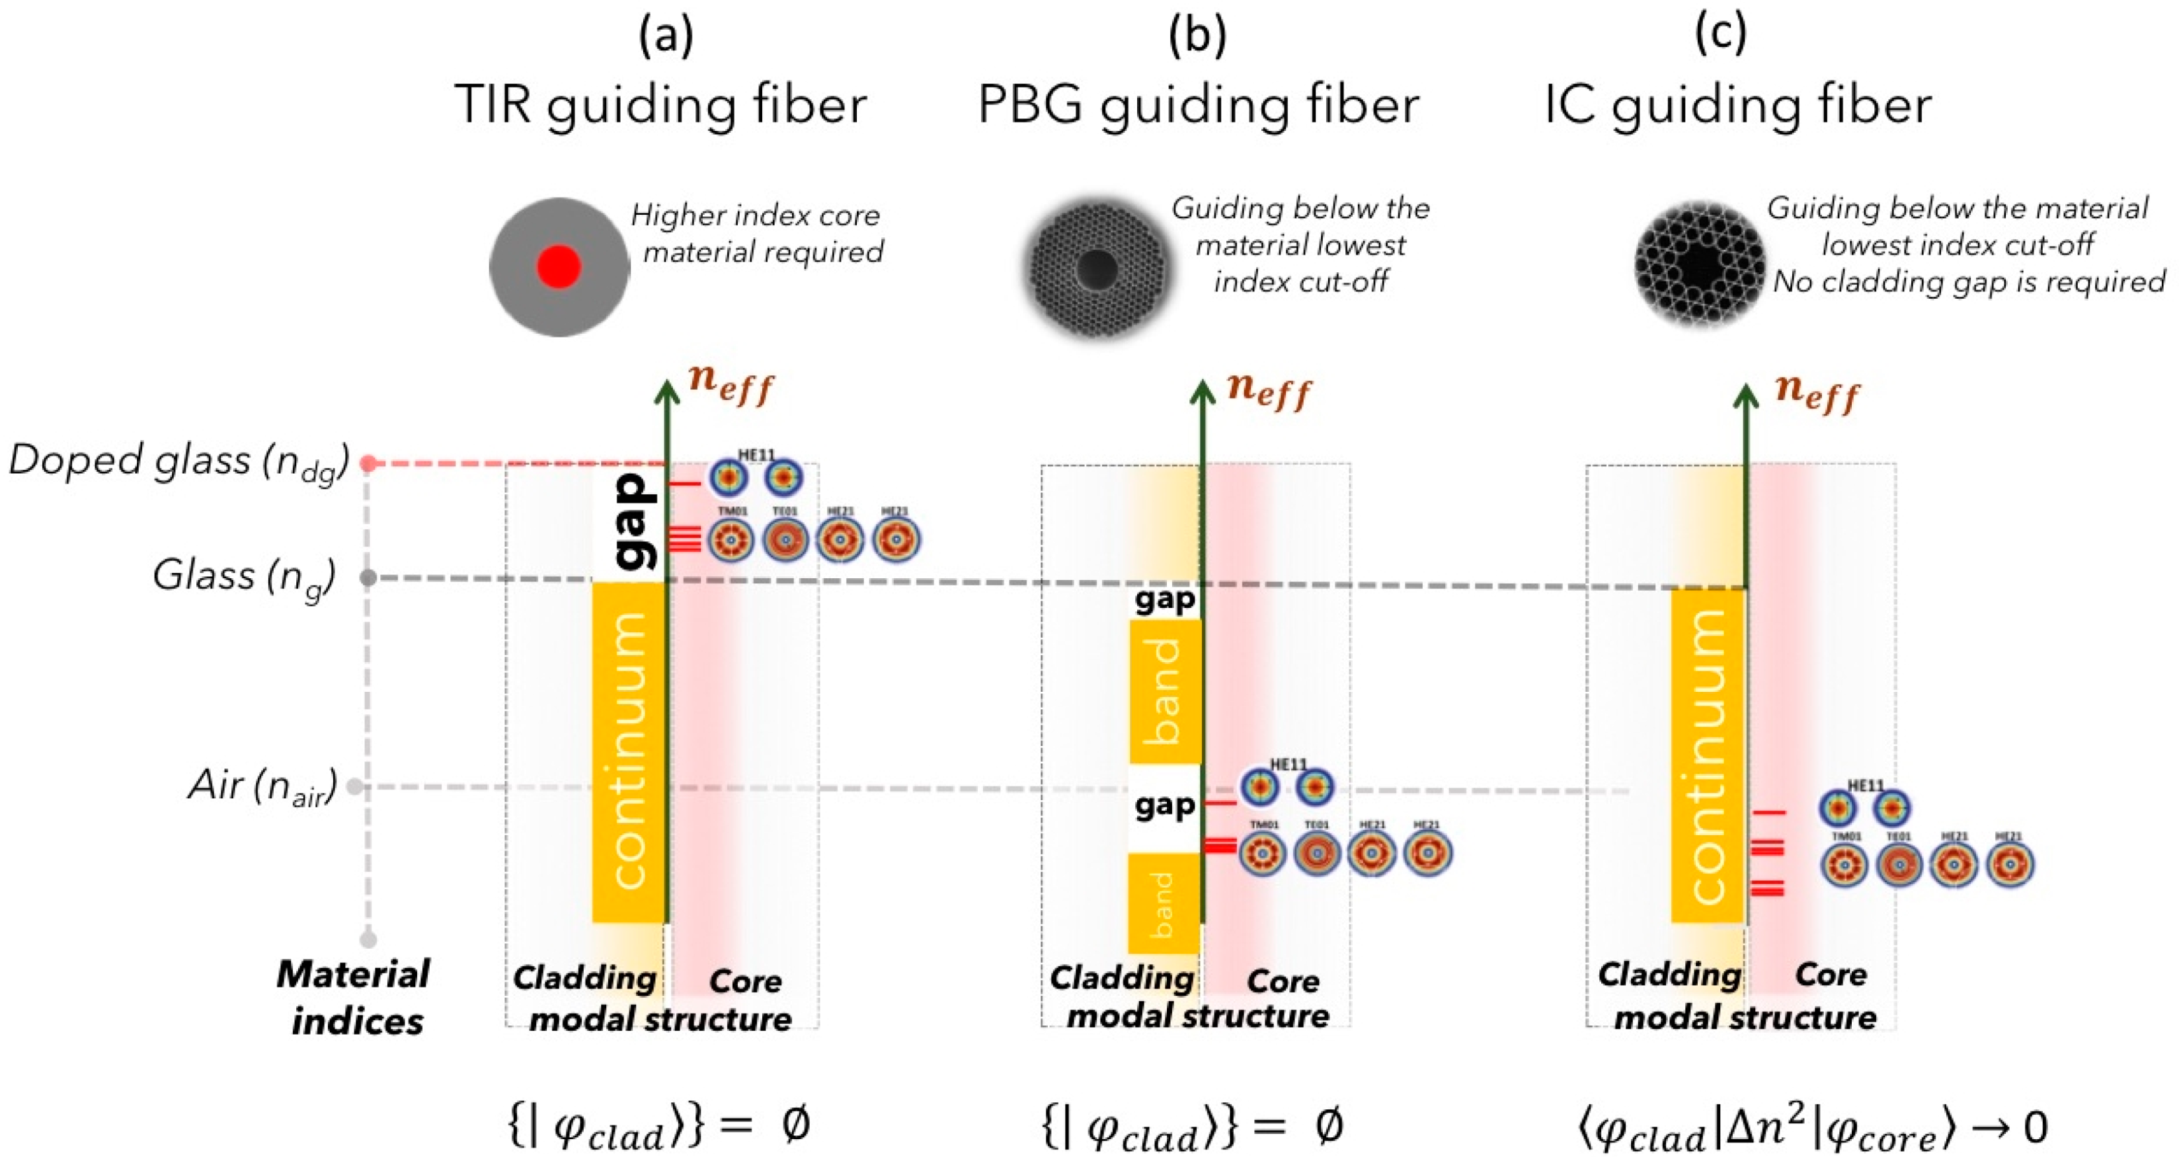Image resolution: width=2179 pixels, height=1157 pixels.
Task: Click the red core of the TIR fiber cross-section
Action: pos(559,267)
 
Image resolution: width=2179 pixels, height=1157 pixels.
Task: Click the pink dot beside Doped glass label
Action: pos(368,463)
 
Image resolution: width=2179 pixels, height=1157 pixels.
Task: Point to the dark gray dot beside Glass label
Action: pos(368,578)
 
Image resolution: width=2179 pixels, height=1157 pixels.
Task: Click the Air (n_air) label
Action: pos(262,786)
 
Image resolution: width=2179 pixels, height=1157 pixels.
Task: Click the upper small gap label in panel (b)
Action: pos(1165,599)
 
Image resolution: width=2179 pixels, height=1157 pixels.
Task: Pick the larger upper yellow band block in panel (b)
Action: pos(1165,691)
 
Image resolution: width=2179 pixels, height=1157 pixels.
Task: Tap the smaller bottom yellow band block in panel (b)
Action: pos(1164,903)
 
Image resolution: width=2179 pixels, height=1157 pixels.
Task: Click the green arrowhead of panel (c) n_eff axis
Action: pos(1746,396)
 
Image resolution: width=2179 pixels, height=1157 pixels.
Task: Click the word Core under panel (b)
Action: pos(1283,981)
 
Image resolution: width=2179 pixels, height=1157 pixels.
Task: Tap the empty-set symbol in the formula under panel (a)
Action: pos(795,1125)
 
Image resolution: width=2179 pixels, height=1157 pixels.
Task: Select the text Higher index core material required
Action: pos(757,233)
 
